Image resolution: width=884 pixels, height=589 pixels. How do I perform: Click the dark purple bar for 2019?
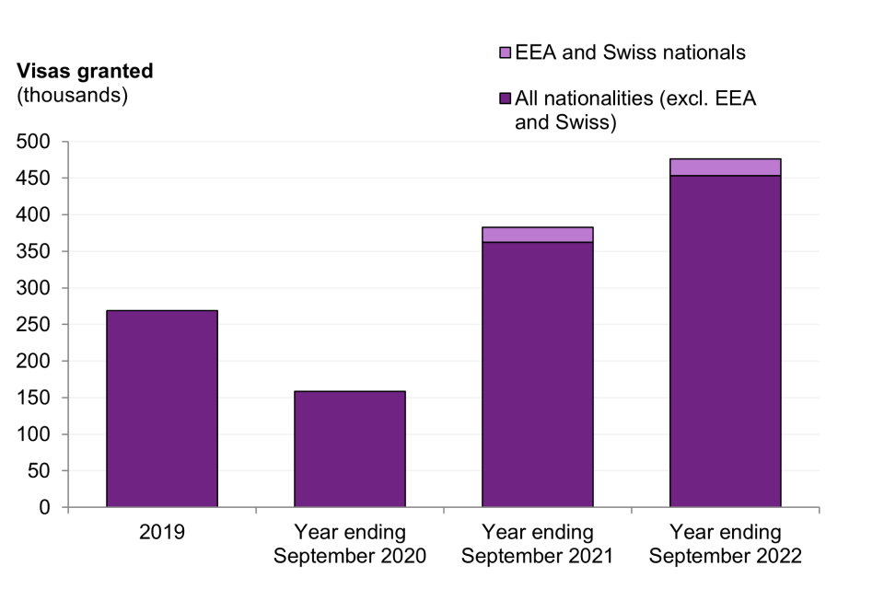coord(162,409)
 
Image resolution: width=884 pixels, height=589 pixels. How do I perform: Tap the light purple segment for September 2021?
coord(538,235)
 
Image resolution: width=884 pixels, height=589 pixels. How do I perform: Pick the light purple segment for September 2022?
coord(726,167)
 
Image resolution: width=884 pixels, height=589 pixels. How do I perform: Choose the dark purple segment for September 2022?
coord(726,341)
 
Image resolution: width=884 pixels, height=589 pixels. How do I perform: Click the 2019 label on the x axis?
coord(162,532)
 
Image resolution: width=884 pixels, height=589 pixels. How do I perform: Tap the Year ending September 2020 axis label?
coord(350,544)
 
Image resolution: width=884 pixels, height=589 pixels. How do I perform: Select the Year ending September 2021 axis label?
coord(538,544)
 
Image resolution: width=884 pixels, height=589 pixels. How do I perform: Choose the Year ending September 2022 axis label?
coord(726,544)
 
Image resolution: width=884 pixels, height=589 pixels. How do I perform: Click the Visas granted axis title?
coord(84,71)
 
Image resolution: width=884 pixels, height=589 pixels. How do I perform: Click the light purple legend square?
coord(503,53)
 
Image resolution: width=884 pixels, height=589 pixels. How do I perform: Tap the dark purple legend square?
coord(503,98)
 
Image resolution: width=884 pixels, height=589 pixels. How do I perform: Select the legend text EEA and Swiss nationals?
coord(630,52)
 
